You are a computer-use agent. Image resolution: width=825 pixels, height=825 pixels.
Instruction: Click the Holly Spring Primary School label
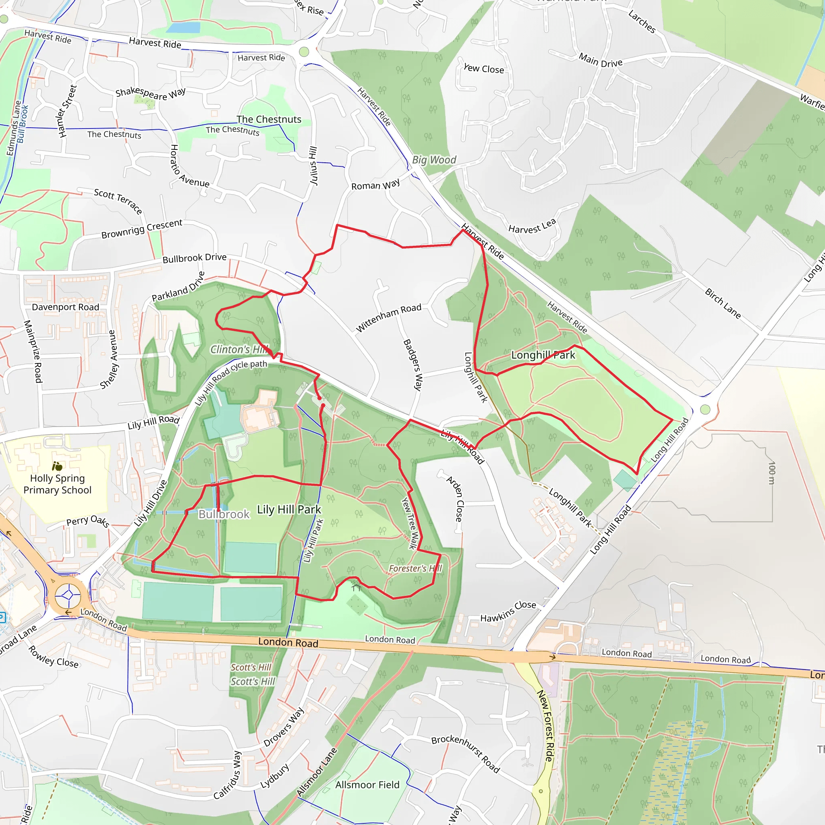point(57,484)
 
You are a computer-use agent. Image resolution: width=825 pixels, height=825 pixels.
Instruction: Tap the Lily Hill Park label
point(289,510)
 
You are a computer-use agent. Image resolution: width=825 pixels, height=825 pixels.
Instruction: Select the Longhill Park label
point(543,355)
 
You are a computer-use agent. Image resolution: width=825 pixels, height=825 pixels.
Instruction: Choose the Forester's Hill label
point(415,568)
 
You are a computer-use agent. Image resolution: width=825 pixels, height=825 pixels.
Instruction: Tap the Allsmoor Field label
point(367,784)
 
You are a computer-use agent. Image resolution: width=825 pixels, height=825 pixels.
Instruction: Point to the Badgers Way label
point(413,365)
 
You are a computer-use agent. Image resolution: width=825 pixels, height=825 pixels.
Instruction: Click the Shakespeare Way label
point(150,93)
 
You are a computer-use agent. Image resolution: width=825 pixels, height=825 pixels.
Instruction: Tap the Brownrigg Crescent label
point(142,229)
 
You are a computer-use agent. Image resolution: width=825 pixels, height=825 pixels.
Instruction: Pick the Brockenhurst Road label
point(465,754)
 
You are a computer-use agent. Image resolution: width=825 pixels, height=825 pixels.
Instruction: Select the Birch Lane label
point(723,304)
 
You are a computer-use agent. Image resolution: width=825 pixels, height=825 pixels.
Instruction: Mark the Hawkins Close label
point(508,611)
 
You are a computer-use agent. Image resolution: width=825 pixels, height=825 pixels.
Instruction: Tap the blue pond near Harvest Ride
point(183,28)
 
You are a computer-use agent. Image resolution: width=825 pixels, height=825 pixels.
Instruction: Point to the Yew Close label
point(483,68)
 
